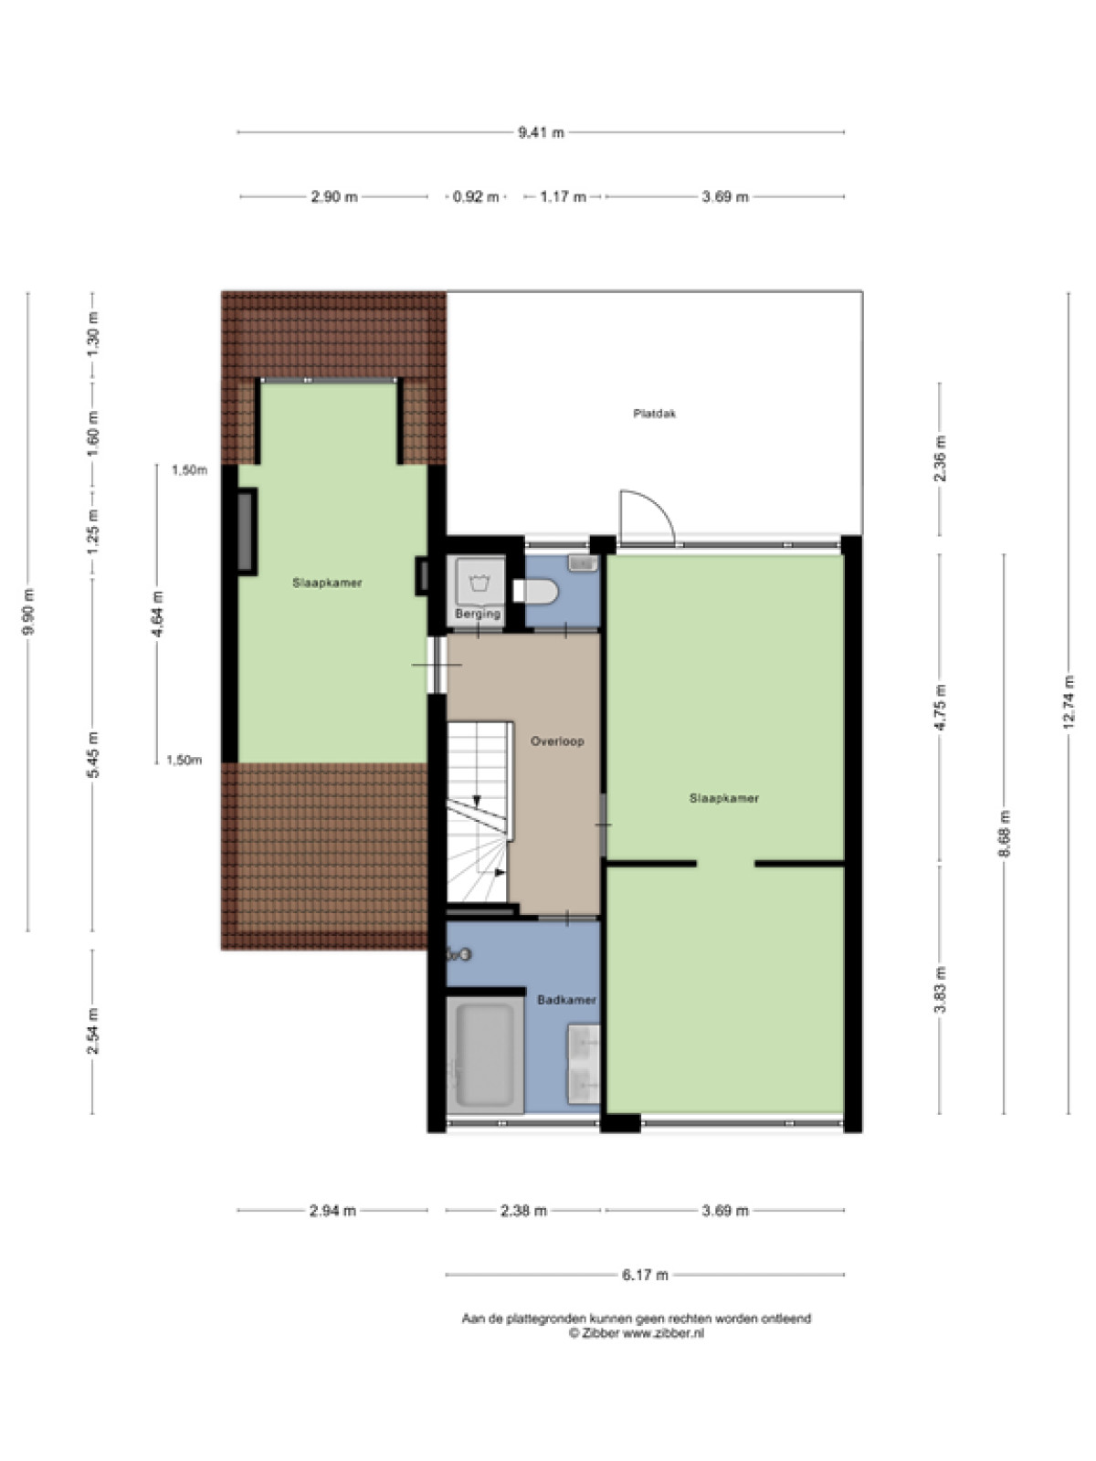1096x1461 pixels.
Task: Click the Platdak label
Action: (654, 414)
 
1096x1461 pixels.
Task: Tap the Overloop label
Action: (557, 741)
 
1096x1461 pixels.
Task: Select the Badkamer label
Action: (566, 999)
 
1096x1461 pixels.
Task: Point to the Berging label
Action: (478, 613)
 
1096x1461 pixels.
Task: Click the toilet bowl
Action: (536, 591)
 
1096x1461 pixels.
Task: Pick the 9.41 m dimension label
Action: (541, 132)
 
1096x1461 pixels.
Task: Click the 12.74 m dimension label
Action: (1069, 701)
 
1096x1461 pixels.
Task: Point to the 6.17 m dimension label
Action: (645, 1276)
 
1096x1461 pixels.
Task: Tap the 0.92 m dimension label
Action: (476, 197)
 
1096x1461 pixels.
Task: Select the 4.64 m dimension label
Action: (157, 613)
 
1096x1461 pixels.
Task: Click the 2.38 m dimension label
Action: (523, 1211)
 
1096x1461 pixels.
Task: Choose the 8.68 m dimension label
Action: (1004, 834)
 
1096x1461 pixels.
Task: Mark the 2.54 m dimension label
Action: (92, 1031)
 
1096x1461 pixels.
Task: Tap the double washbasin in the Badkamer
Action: (584, 1064)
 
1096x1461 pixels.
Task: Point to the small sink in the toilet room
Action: (583, 563)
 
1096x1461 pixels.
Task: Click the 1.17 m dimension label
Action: (563, 197)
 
